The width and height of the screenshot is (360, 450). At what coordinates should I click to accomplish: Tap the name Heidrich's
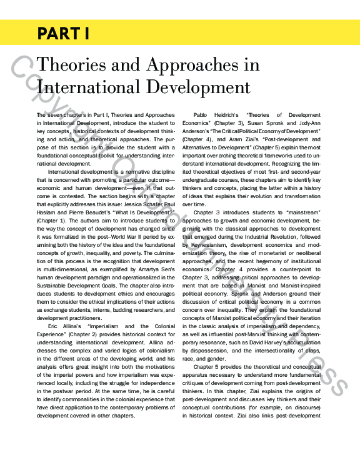241,115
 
